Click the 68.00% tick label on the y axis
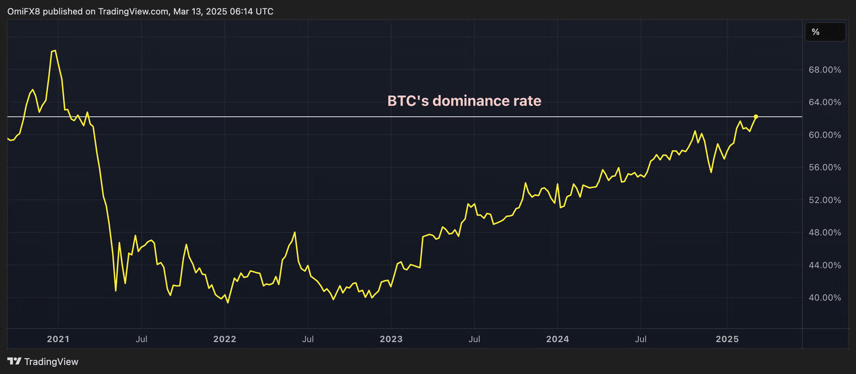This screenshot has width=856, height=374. tap(824, 70)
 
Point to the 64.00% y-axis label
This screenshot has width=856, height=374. tap(824, 102)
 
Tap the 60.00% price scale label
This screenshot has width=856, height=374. tap(824, 135)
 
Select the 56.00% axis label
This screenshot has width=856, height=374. tap(824, 167)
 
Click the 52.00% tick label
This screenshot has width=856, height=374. tap(824, 200)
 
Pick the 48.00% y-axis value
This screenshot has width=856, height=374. tap(824, 232)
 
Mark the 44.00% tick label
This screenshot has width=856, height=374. tap(824, 265)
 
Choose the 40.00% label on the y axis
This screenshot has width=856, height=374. tap(824, 298)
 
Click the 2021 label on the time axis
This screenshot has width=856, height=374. tap(58, 339)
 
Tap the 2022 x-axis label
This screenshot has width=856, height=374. tap(224, 339)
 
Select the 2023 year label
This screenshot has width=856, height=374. tap(391, 339)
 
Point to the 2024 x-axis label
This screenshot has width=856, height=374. tap(557, 339)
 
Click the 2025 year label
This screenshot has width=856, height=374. tap(727, 339)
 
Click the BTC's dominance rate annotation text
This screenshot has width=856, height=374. tap(464, 101)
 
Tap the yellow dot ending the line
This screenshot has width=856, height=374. tap(756, 116)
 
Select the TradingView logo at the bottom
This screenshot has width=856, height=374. tap(43, 362)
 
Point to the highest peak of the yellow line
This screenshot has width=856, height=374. tap(53, 51)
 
